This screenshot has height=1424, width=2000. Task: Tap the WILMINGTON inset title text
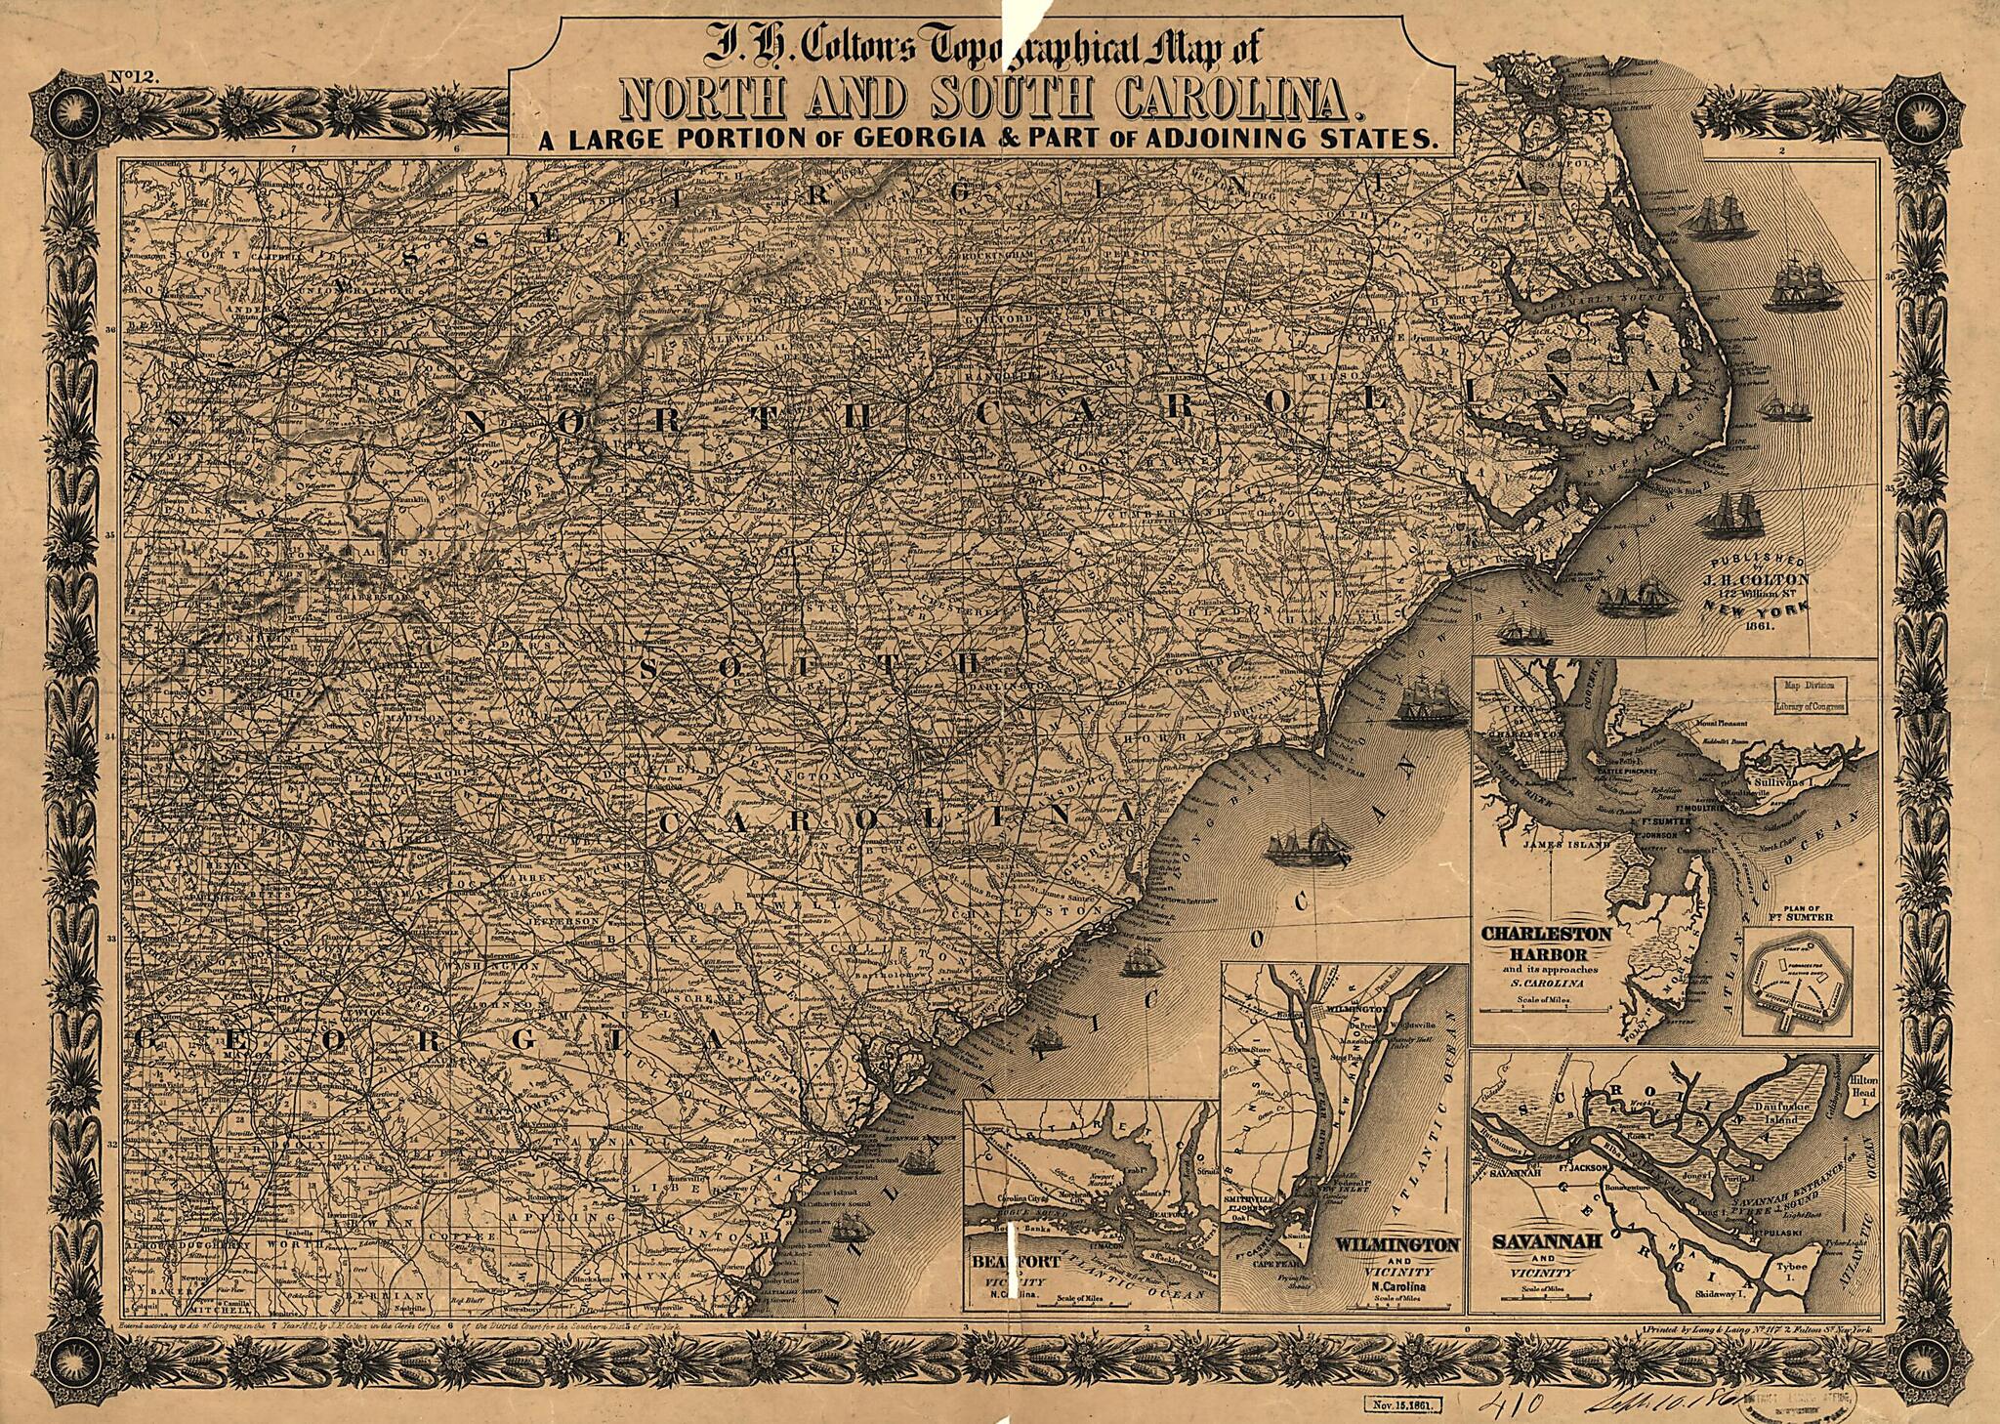1397,1246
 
